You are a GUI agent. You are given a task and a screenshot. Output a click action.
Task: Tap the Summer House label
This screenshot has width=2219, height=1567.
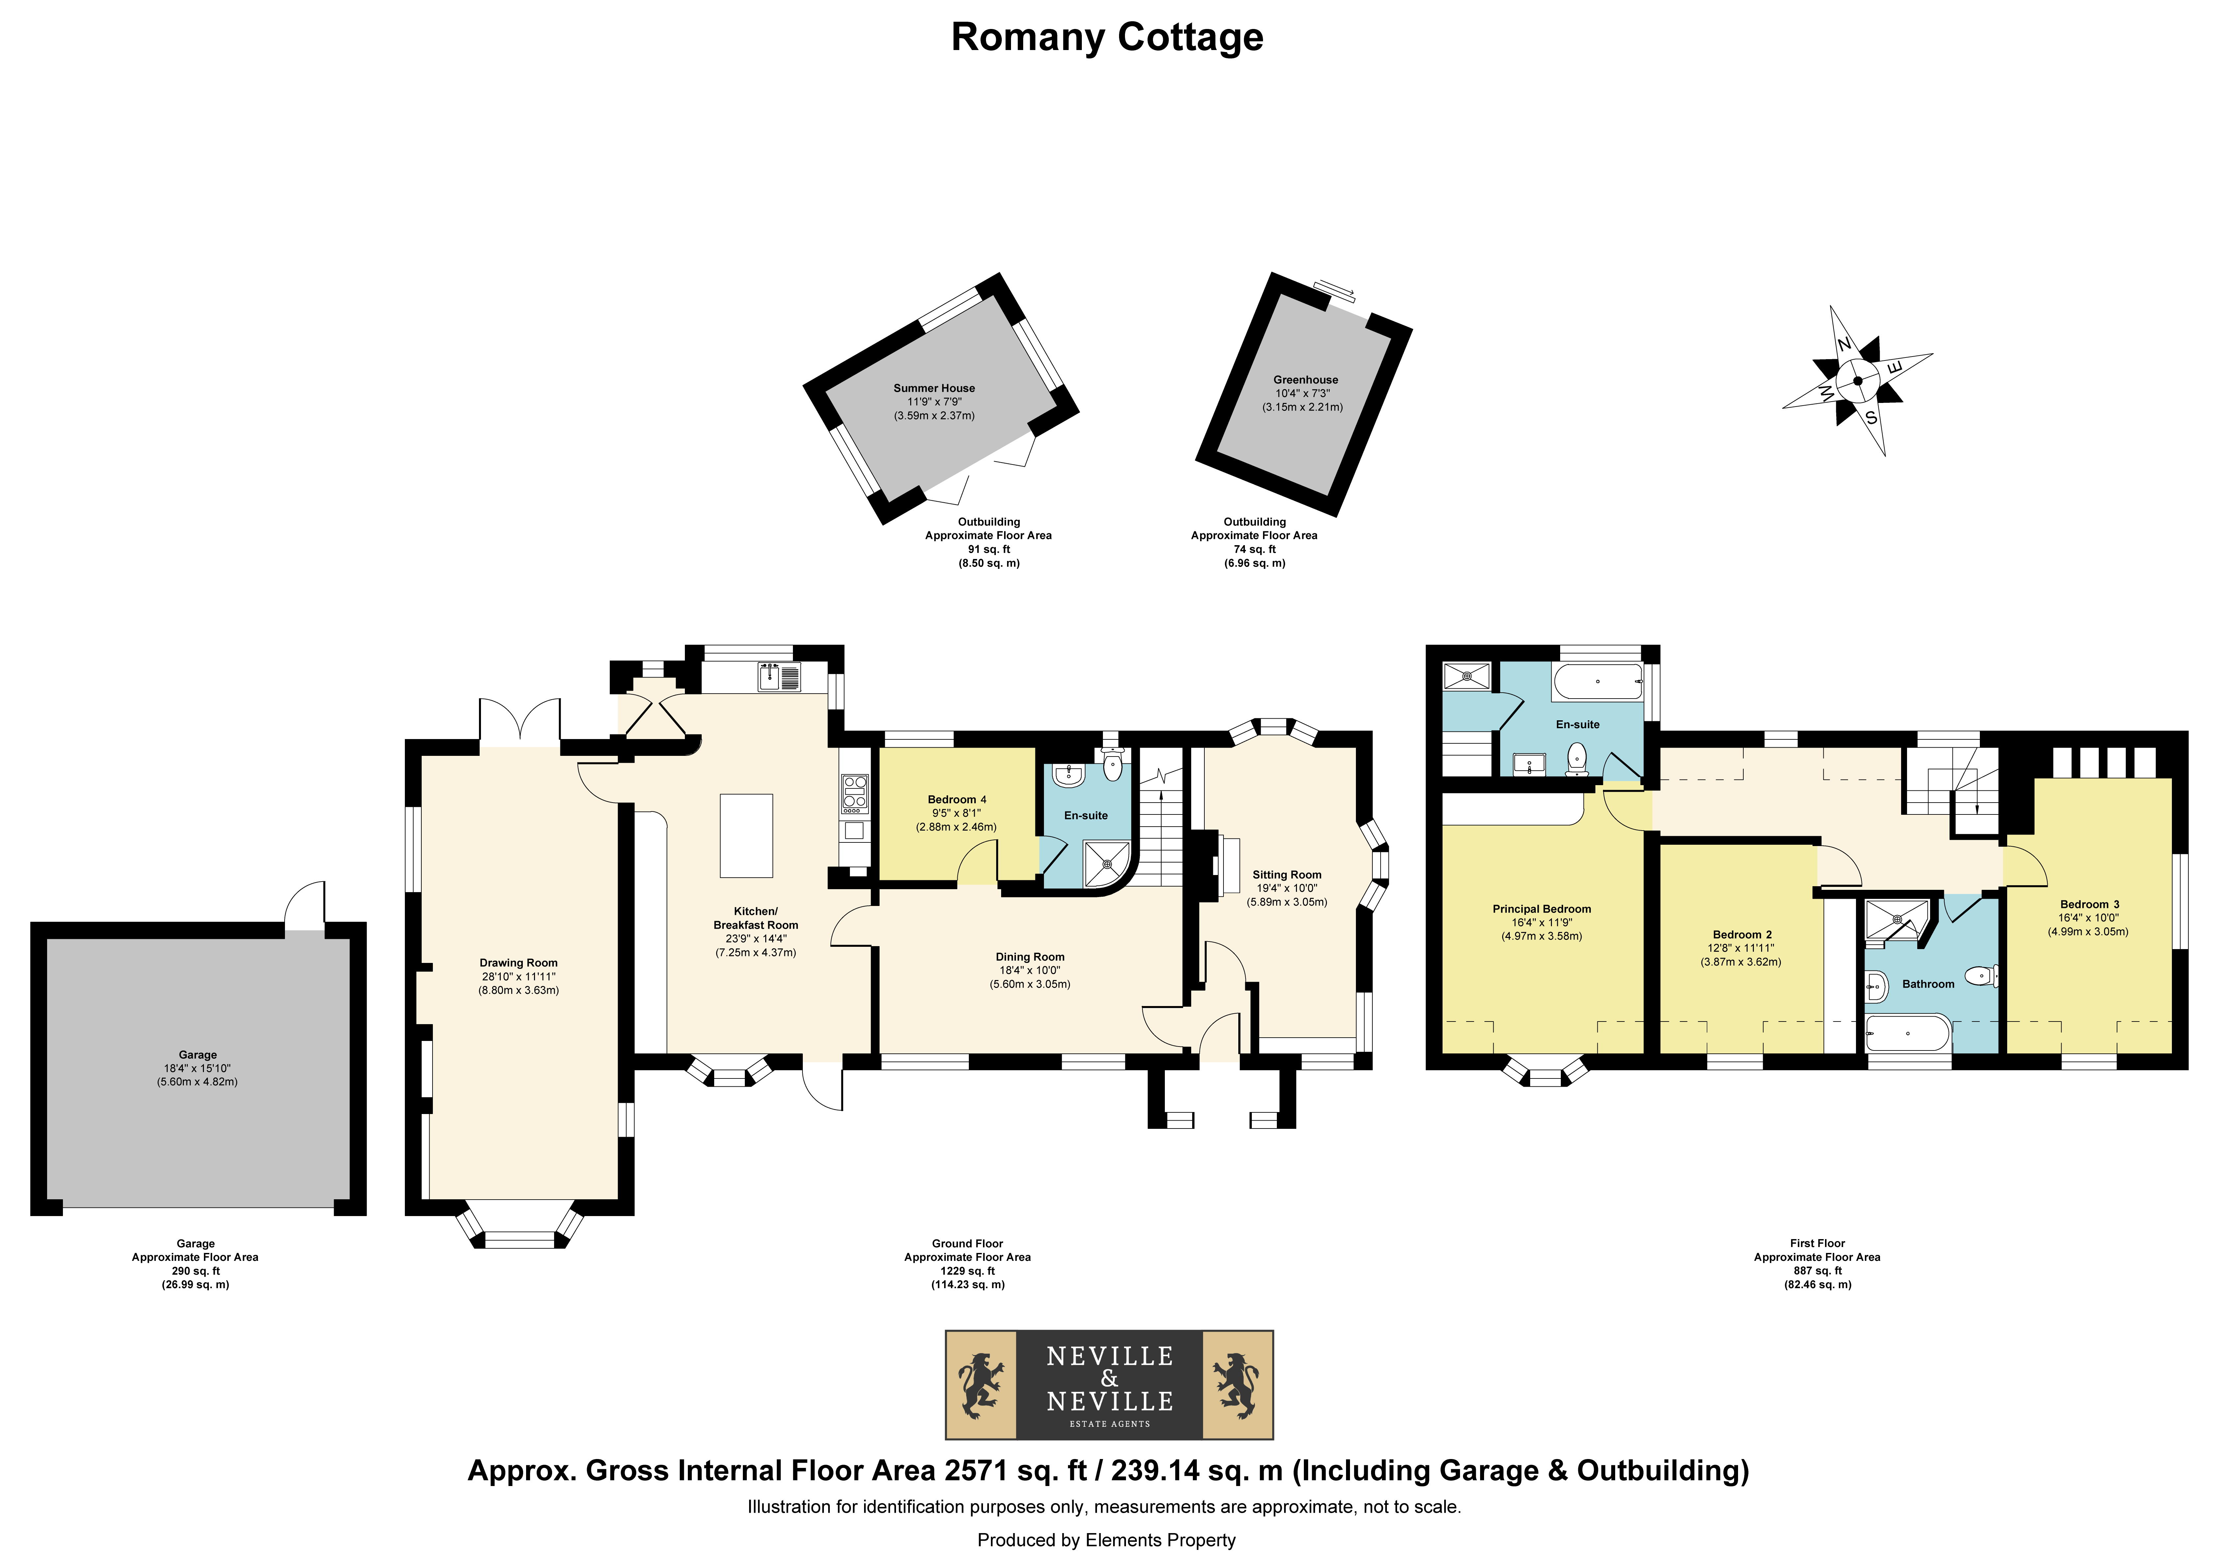point(934,388)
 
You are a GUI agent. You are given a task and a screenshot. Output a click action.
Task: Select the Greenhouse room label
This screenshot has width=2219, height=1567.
point(1306,380)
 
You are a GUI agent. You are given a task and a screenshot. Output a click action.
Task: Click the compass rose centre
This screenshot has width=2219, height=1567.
point(1858,381)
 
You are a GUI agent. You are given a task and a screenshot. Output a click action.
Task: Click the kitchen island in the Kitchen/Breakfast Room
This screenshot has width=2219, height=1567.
point(746,836)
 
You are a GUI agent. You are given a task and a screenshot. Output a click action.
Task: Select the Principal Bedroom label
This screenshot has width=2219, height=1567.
point(1541,909)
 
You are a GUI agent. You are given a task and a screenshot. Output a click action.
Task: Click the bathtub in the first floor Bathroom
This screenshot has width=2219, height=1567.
point(1908,1033)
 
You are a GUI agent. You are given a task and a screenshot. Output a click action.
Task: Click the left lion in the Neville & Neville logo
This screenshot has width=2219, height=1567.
point(981,1384)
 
